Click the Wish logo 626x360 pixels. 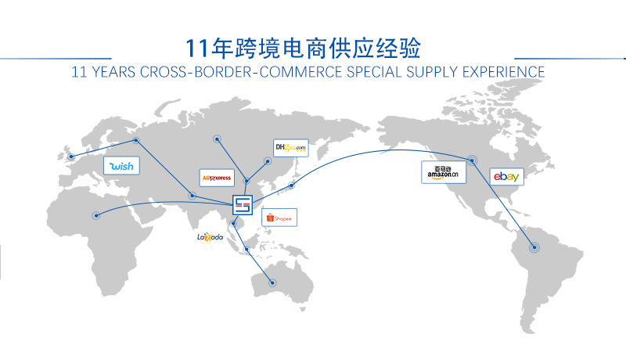(121, 165)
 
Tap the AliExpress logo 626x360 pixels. (217, 178)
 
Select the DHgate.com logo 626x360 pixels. (290, 147)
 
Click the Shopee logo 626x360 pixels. (279, 218)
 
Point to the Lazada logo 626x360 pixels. (210, 236)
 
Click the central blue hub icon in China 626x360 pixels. (244, 205)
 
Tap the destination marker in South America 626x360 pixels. (535, 247)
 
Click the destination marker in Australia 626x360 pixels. (272, 283)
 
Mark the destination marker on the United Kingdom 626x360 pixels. (71, 156)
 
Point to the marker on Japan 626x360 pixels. (291, 185)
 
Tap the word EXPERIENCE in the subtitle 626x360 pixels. (501, 71)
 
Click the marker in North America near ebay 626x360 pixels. (473, 160)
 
